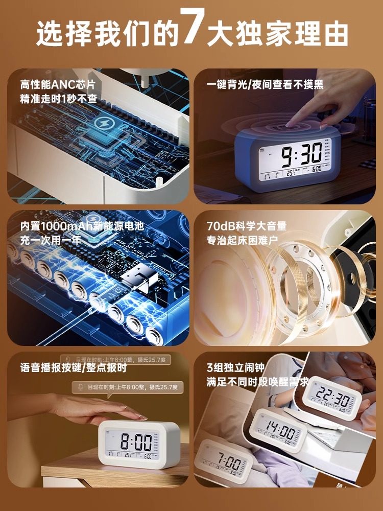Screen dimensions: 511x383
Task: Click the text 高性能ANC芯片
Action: tap(57, 84)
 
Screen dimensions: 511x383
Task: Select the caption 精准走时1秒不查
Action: tap(58, 98)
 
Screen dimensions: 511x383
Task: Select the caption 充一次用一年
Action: tap(51, 239)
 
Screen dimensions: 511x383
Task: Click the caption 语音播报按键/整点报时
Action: tap(73, 367)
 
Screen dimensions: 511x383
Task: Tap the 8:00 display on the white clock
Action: tap(135, 441)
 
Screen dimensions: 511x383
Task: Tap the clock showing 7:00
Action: tap(224, 462)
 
